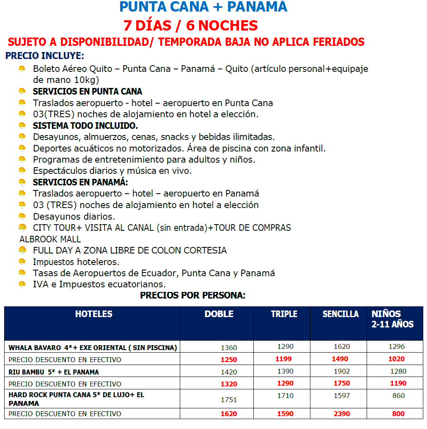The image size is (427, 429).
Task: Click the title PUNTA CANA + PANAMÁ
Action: pos(203,7)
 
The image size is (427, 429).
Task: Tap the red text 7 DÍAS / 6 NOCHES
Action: pos(191,26)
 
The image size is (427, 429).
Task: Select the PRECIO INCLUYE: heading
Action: pos(45,56)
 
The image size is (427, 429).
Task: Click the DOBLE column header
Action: pos(219,314)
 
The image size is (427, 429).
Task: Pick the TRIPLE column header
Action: pos(284,314)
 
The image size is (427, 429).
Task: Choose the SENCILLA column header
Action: pos(340,314)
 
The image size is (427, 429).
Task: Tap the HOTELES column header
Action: pos(94,314)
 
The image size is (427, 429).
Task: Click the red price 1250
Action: pos(229,360)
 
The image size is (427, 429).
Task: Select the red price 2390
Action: pos(342,414)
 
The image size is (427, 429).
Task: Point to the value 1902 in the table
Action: pos(342,371)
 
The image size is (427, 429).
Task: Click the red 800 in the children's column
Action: pos(398,414)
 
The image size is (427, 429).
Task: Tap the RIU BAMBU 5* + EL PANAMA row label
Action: pos(54,372)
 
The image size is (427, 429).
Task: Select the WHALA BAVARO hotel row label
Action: pos(93,348)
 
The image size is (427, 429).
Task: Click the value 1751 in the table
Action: pos(229,399)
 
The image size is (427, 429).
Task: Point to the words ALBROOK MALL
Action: pos(50,239)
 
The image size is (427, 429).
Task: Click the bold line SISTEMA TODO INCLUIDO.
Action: pos(86,126)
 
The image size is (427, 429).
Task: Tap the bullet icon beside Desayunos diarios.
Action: pos(22,216)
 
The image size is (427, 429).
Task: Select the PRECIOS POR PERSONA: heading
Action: pos(193,295)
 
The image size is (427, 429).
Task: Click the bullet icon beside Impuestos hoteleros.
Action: pos(22,261)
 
